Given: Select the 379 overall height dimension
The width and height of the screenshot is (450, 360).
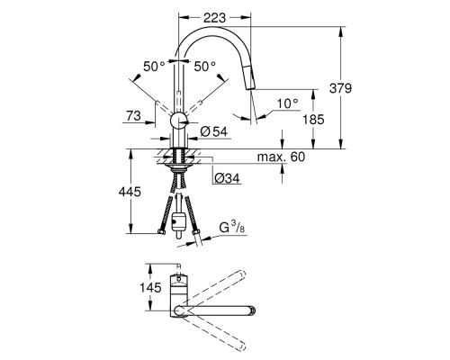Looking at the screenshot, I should (x=364, y=88).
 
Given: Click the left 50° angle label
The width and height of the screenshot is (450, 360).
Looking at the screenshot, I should (x=155, y=67).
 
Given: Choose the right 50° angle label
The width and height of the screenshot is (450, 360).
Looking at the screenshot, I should (x=207, y=67).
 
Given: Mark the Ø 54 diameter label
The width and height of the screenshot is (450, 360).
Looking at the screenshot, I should (x=214, y=132).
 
